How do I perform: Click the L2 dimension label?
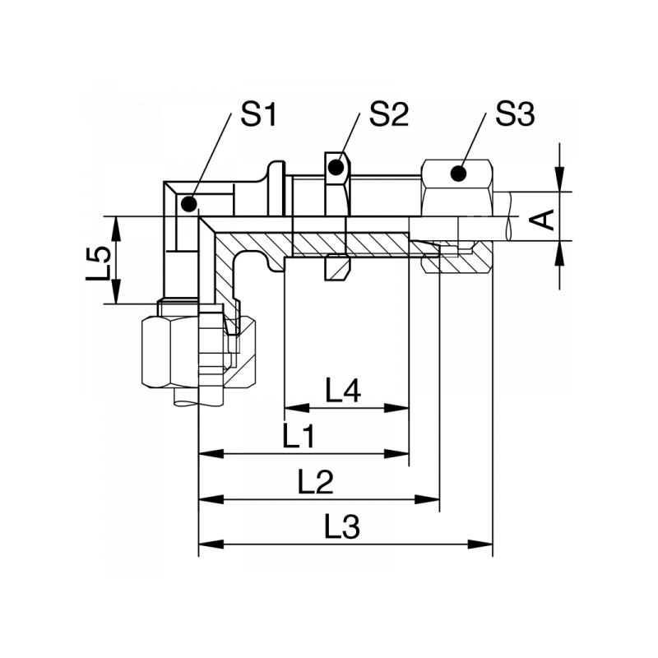(316, 483)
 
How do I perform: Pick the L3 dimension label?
(342, 527)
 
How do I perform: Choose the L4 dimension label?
(343, 392)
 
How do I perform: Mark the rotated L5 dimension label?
(99, 261)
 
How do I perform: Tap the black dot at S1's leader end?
(188, 202)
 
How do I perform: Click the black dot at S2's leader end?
(335, 169)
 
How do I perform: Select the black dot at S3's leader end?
(457, 174)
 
